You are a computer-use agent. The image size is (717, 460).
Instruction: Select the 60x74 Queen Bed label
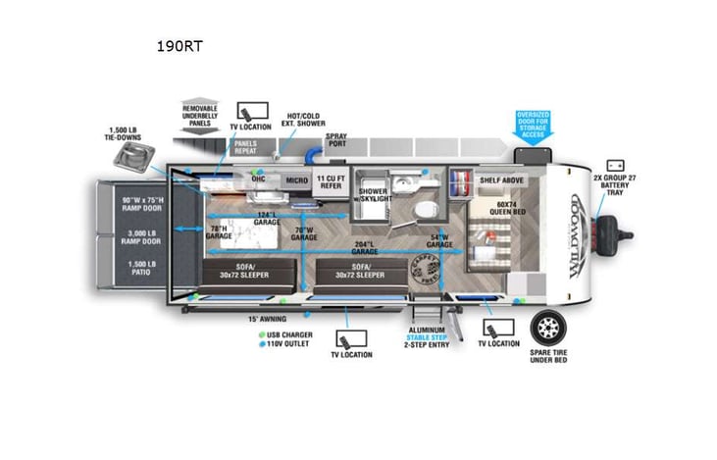coord(489,213)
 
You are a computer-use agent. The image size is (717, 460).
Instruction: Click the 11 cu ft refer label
coord(330,180)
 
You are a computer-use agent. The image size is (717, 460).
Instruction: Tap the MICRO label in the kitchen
coord(295,180)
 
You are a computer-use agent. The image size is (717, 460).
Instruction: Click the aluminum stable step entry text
coord(429,338)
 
